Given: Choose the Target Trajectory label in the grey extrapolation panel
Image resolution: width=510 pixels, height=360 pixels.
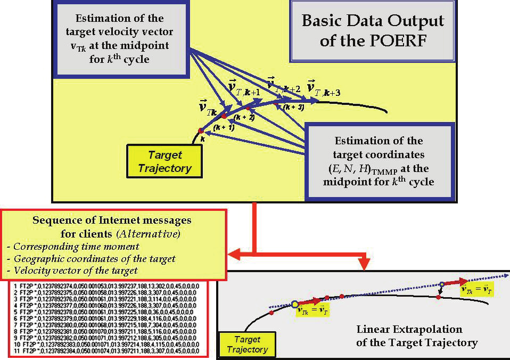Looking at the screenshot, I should (x=247, y=345).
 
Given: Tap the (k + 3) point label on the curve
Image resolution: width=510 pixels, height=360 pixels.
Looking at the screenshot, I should (x=293, y=107).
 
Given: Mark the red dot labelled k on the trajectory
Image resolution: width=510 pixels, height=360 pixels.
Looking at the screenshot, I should (x=201, y=130).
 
